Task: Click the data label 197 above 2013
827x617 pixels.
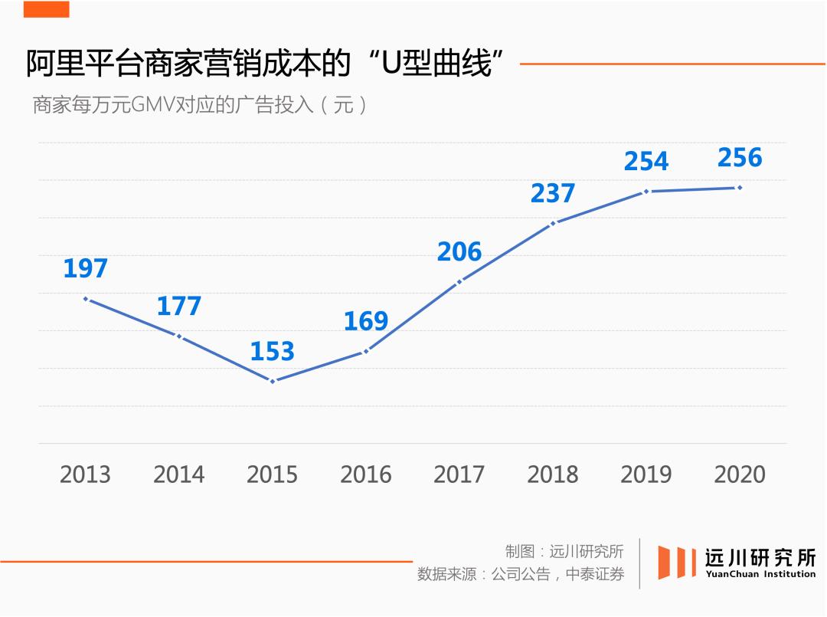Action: [x=85, y=269]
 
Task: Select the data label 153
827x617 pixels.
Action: [x=272, y=352]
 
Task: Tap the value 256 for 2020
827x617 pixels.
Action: [x=740, y=158]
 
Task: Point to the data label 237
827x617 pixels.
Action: [x=553, y=193]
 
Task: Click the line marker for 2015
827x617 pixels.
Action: [x=273, y=381]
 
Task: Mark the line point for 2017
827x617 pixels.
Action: [x=459, y=281]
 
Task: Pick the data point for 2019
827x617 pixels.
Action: [x=646, y=191]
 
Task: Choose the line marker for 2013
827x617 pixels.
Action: [x=86, y=298]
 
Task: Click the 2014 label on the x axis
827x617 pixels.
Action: [x=179, y=474]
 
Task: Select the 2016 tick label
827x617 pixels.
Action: [x=366, y=474]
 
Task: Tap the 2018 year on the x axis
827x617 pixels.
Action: [x=553, y=474]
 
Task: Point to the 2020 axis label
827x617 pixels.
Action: [x=740, y=474]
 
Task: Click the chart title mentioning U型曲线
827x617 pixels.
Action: [x=269, y=64]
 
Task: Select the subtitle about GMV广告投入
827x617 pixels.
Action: [x=199, y=104]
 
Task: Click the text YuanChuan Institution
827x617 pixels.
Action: [x=760, y=574]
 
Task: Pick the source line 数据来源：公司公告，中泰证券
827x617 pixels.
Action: [x=521, y=574]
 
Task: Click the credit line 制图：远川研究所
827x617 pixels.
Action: [x=564, y=551]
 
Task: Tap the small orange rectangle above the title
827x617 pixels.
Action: [x=46, y=9]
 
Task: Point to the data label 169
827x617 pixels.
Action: [x=365, y=321]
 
